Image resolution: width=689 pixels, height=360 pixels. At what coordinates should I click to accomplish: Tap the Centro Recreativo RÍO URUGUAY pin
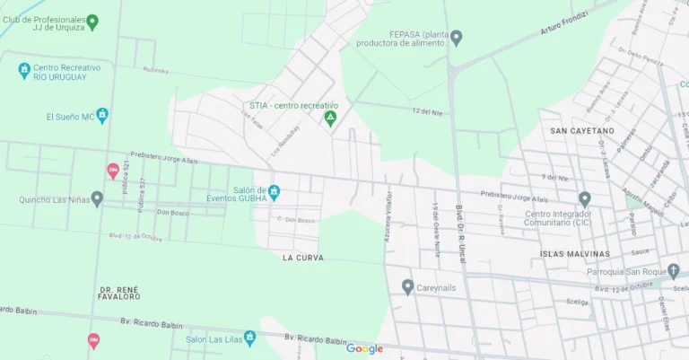click(x=24, y=70)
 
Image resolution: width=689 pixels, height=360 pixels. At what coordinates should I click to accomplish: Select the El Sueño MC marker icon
click(x=102, y=116)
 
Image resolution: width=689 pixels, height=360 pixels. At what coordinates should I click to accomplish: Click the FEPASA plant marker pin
click(x=456, y=38)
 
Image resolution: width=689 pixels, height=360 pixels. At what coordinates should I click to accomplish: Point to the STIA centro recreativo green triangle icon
click(x=330, y=119)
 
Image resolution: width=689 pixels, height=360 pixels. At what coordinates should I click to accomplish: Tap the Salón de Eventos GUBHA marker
click(x=275, y=192)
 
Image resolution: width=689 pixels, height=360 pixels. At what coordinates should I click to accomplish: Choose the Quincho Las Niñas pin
click(x=97, y=199)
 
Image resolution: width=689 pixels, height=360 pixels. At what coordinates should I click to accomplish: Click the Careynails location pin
click(x=407, y=287)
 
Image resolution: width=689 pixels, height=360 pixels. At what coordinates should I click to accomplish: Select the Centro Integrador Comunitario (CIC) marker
click(x=584, y=199)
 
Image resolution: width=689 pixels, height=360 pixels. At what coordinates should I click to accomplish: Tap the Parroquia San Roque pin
click(x=673, y=271)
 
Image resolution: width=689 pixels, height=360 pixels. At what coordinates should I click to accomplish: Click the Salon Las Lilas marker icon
click(x=249, y=338)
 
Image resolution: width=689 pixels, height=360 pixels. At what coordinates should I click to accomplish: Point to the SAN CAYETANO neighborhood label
click(x=582, y=131)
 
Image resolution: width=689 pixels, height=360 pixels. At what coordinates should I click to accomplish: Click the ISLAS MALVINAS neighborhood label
click(x=575, y=254)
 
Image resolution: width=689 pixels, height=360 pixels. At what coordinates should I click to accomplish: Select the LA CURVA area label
click(x=302, y=258)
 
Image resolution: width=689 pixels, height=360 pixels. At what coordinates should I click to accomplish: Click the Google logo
click(x=364, y=349)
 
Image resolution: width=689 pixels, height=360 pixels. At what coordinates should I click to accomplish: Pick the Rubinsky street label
click(x=156, y=70)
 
